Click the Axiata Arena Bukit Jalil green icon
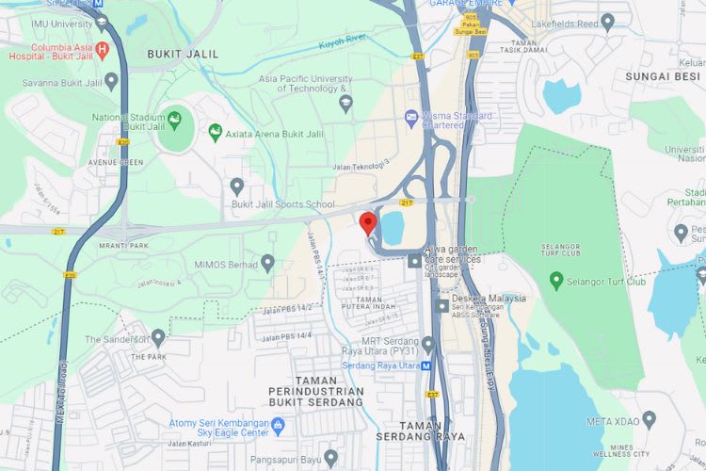216,132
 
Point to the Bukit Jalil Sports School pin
237,186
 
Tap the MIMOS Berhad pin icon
268,263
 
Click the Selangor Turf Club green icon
556,281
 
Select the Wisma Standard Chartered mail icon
411,118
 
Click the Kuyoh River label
341,41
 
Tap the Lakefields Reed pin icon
607,21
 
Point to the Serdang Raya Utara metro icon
426,365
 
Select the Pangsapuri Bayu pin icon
330,459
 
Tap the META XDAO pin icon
650,420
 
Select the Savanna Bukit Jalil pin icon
112,81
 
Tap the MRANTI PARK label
125,246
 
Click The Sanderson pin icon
158,337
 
